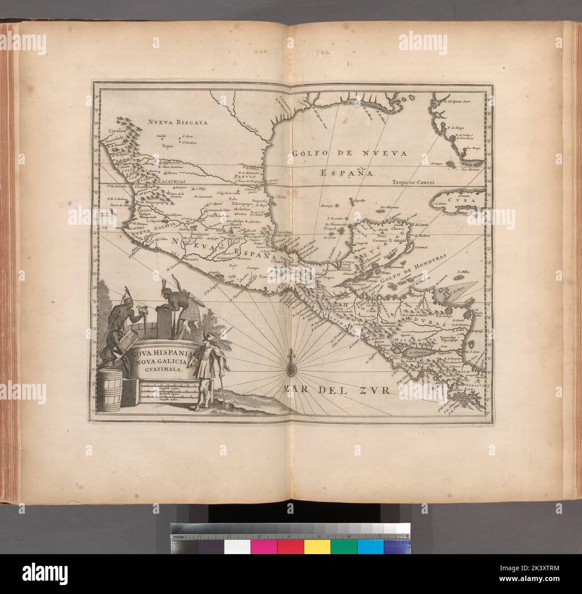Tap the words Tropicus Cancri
tap(413, 182)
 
